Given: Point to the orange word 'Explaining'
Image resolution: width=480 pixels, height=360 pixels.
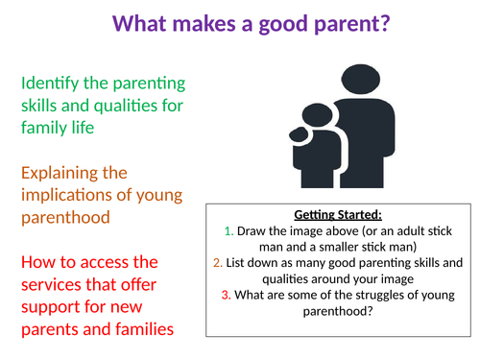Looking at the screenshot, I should pos(65,173).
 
